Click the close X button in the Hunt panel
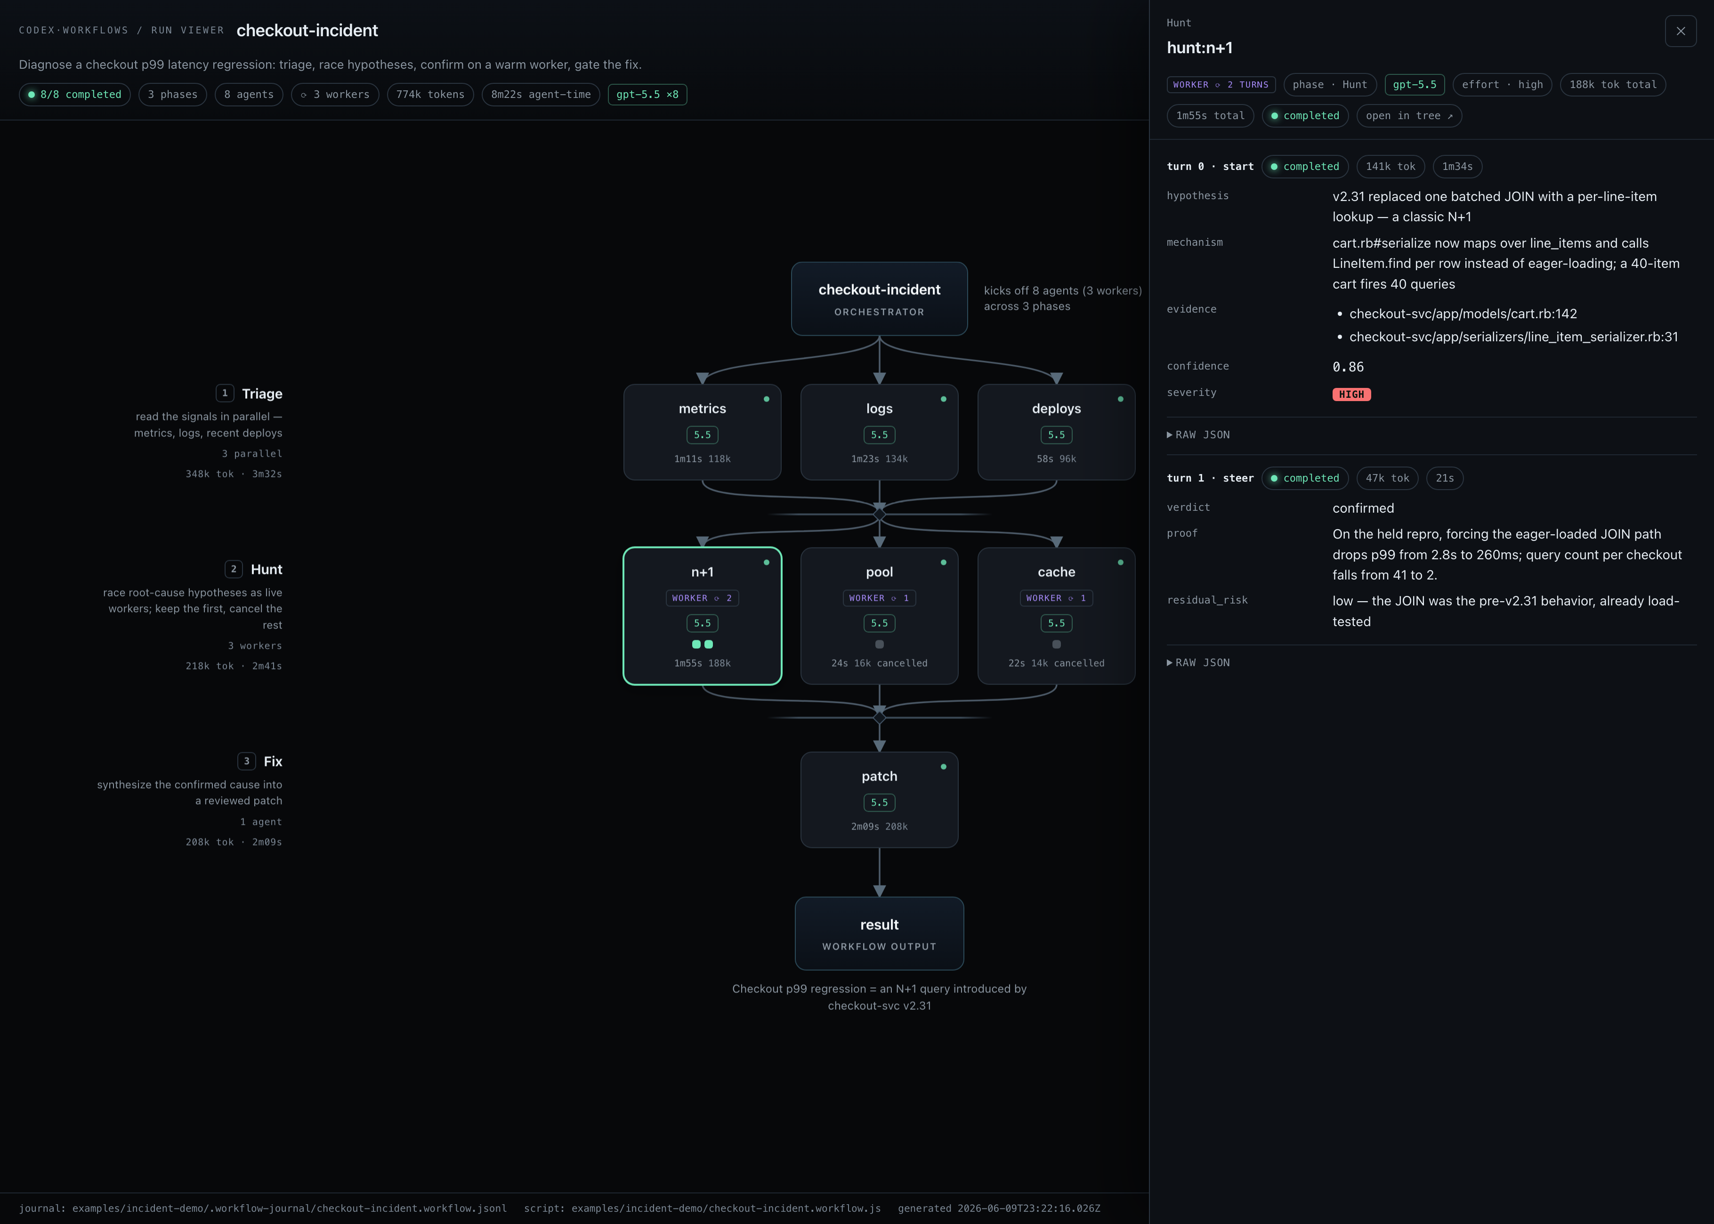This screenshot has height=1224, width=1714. tap(1680, 31)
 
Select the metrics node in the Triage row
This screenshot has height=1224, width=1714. tap(702, 432)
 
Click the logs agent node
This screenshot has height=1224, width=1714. tap(879, 432)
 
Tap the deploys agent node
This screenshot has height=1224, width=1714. tap(1056, 432)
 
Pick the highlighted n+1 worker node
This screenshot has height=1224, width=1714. tap(702, 616)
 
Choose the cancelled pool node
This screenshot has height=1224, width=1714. tap(879, 616)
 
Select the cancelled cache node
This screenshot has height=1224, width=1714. tap(1056, 616)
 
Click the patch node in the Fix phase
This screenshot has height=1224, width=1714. tap(879, 800)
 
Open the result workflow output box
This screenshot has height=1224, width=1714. tap(879, 933)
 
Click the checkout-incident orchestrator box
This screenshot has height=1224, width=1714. tap(879, 298)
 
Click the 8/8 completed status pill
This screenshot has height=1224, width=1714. tap(74, 94)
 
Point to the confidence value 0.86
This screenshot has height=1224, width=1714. tap(1348, 367)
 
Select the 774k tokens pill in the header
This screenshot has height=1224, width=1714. tap(430, 94)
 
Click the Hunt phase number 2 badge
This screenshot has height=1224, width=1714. tap(234, 569)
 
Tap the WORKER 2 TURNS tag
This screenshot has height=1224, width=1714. tap(1221, 84)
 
